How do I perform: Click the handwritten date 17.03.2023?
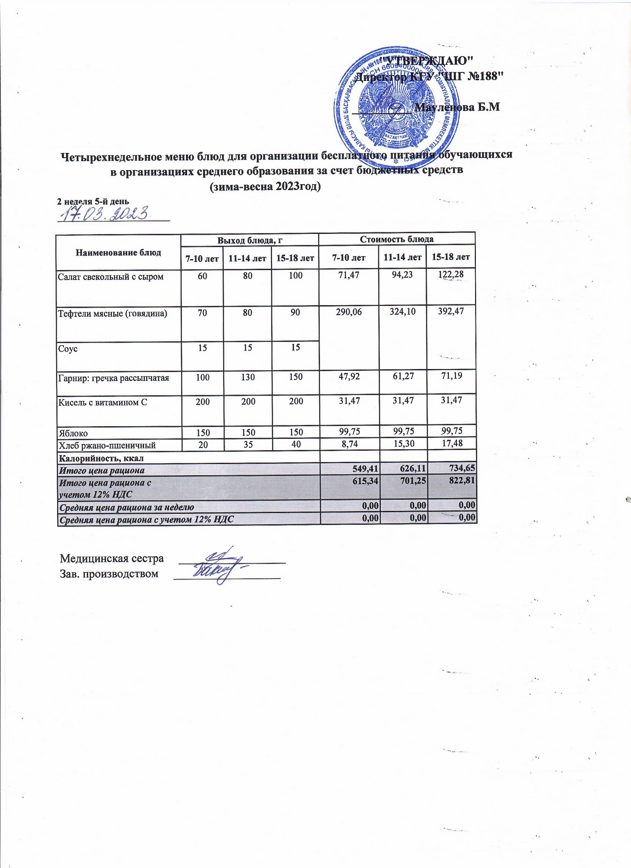pyautogui.click(x=103, y=213)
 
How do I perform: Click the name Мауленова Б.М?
pyautogui.click(x=458, y=108)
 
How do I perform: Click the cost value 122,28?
pyautogui.click(x=450, y=276)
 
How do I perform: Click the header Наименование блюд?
pyautogui.click(x=118, y=252)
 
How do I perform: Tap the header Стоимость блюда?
pyautogui.click(x=396, y=239)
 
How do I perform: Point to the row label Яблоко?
pyautogui.click(x=73, y=433)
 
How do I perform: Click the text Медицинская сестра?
pyautogui.click(x=112, y=558)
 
